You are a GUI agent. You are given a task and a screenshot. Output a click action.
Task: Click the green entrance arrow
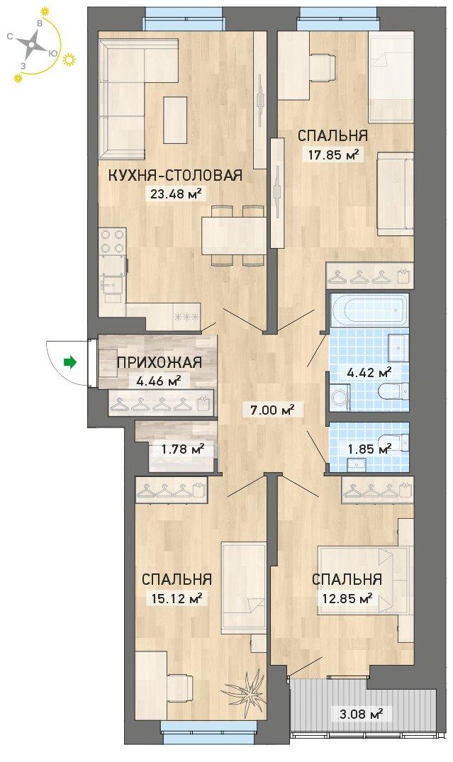71,362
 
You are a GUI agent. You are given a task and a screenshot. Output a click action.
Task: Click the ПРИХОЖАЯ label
159,362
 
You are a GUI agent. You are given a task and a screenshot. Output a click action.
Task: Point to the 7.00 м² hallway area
274,410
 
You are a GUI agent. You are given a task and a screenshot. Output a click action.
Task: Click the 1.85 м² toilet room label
369,449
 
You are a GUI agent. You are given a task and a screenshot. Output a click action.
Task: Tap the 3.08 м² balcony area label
360,714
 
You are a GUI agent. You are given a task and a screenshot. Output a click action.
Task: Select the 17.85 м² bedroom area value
333,155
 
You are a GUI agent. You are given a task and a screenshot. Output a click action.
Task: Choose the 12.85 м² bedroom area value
347,598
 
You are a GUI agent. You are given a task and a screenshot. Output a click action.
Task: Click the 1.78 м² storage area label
182,447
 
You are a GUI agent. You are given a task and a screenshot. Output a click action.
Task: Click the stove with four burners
113,242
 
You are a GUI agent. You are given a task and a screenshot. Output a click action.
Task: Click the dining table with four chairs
234,235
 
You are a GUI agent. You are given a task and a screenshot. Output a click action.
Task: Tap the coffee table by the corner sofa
175,120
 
